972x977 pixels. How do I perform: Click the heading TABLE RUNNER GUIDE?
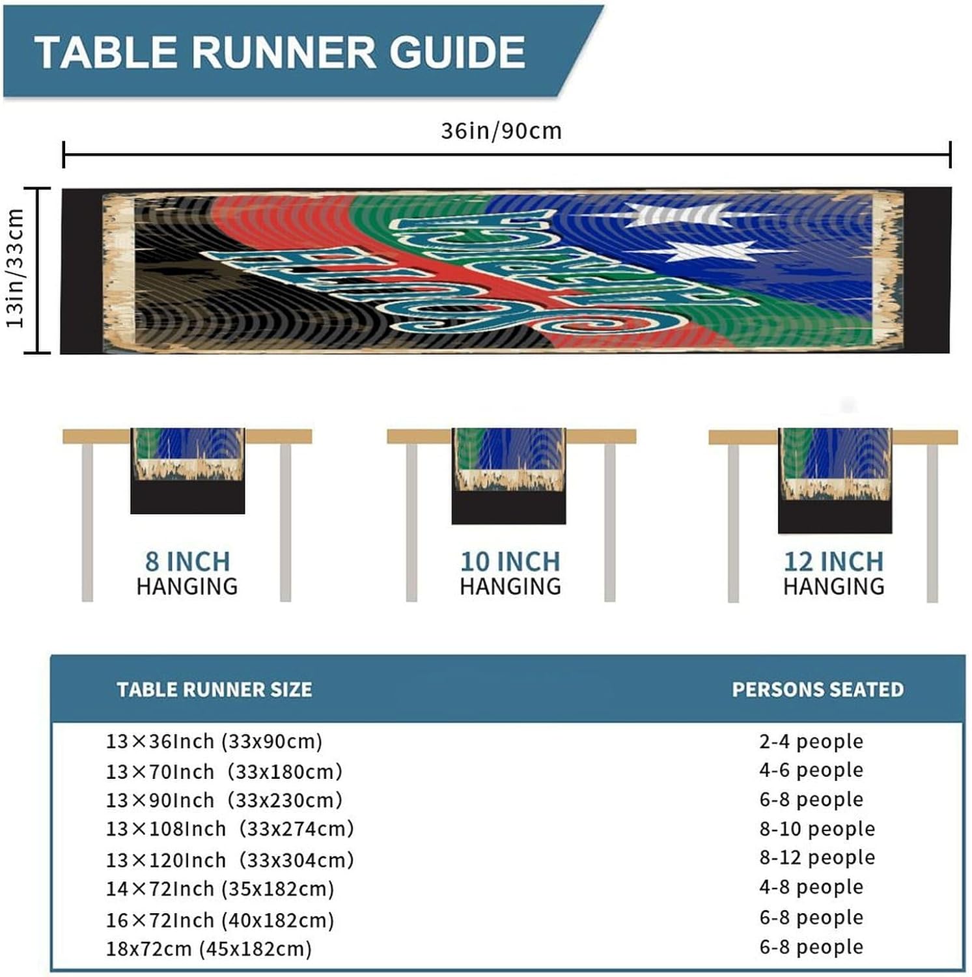[280, 52]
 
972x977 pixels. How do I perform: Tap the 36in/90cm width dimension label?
[501, 131]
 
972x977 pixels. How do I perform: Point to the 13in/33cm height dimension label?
[15, 268]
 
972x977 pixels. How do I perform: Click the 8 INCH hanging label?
[187, 561]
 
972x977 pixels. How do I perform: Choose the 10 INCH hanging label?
[510, 561]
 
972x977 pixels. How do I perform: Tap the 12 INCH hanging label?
[833, 561]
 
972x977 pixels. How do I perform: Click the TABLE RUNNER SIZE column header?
[214, 690]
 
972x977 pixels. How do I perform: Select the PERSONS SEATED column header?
[818, 690]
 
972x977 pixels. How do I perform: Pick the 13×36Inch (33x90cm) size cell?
[214, 741]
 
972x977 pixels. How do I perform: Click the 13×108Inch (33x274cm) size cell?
[230, 829]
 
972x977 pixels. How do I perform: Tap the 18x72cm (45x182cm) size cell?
[209, 948]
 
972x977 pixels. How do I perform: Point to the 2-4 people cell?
[811, 741]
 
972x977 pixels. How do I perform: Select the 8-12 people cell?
[817, 858]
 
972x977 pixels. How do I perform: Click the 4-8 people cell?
[811, 887]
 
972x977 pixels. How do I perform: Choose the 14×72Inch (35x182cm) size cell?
[220, 889]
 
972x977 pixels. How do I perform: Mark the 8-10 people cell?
[817, 829]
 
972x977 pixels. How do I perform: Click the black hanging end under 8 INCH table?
[187, 498]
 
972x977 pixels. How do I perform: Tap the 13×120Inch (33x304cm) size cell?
[230, 860]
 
